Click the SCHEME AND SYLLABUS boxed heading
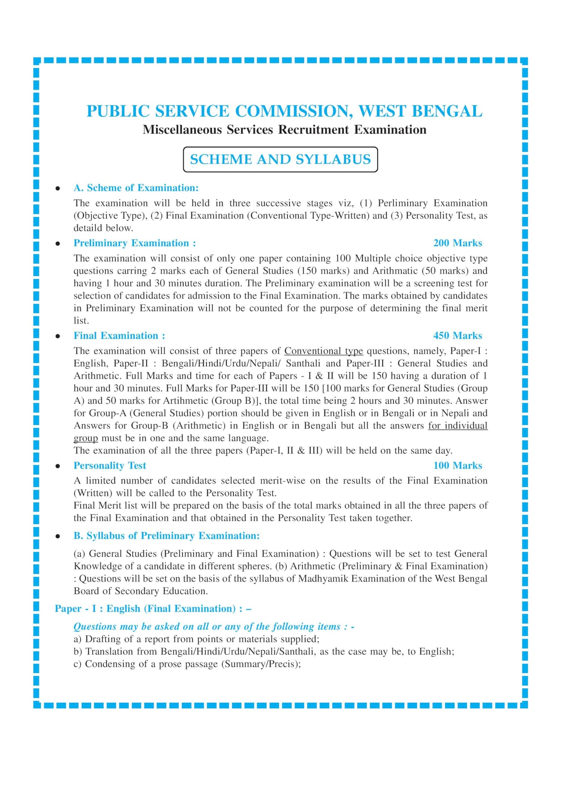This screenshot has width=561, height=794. tap(280, 159)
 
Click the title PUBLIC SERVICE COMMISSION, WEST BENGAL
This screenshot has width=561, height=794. tap(284, 111)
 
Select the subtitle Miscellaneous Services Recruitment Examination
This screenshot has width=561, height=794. tap(284, 129)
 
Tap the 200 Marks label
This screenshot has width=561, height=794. tap(457, 243)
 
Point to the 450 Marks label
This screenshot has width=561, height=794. tap(457, 335)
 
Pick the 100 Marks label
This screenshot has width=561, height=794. tap(457, 465)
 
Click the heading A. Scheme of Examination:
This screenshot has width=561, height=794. tap(136, 188)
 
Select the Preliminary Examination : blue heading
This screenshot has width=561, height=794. tap(135, 243)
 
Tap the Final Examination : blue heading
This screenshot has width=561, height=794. tap(119, 335)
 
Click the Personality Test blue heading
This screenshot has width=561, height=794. tap(110, 465)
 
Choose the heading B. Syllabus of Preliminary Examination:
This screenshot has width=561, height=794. tap(166, 536)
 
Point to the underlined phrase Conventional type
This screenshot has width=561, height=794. tap(324, 351)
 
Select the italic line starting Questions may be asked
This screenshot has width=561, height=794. tap(214, 626)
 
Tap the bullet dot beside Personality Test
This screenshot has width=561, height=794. tap(58, 466)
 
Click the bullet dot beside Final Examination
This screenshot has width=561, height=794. tap(58, 336)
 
